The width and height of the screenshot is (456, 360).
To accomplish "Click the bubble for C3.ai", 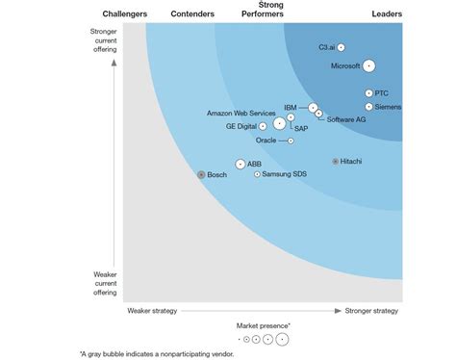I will [x=341, y=47].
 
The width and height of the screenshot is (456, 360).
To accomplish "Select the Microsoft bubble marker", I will [x=368, y=66].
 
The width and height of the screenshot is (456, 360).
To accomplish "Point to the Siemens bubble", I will [x=368, y=106].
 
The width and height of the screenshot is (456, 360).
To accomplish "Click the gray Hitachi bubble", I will [x=335, y=162].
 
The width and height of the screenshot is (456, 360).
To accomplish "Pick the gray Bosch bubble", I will [x=201, y=175].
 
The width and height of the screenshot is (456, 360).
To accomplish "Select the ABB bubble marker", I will [x=240, y=165].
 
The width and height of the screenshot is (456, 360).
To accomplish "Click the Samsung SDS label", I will [x=285, y=174].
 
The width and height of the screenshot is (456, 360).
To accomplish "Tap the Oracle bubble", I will [x=291, y=141].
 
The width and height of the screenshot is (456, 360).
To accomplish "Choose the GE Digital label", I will [x=241, y=126].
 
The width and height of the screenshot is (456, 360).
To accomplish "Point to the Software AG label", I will [x=346, y=119].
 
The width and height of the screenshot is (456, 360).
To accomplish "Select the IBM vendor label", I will [x=290, y=106].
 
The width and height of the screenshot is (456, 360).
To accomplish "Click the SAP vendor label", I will [x=301, y=129].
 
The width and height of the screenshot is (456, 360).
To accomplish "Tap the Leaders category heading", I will [x=387, y=14].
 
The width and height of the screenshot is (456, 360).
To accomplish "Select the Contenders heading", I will [x=192, y=14].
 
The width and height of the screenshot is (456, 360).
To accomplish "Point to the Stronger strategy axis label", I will [x=371, y=311].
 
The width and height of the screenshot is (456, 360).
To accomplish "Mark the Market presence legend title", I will [x=263, y=326].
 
